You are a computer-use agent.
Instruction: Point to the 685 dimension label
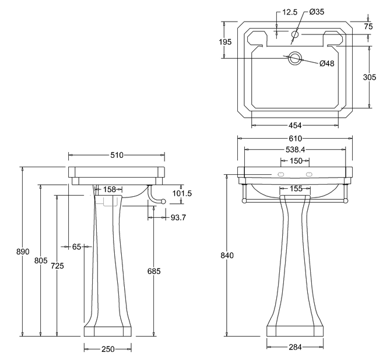(x=153, y=271)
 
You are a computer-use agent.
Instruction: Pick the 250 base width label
(x=107, y=348)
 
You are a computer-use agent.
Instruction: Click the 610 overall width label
(x=295, y=139)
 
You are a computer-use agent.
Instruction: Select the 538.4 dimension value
(x=295, y=149)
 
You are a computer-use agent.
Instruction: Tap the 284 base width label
(x=295, y=348)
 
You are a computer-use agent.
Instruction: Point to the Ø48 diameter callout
(x=326, y=64)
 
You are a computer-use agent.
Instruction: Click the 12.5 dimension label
(x=290, y=11)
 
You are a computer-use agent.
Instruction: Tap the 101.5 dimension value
(x=182, y=193)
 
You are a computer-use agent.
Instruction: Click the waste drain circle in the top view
(x=295, y=58)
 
